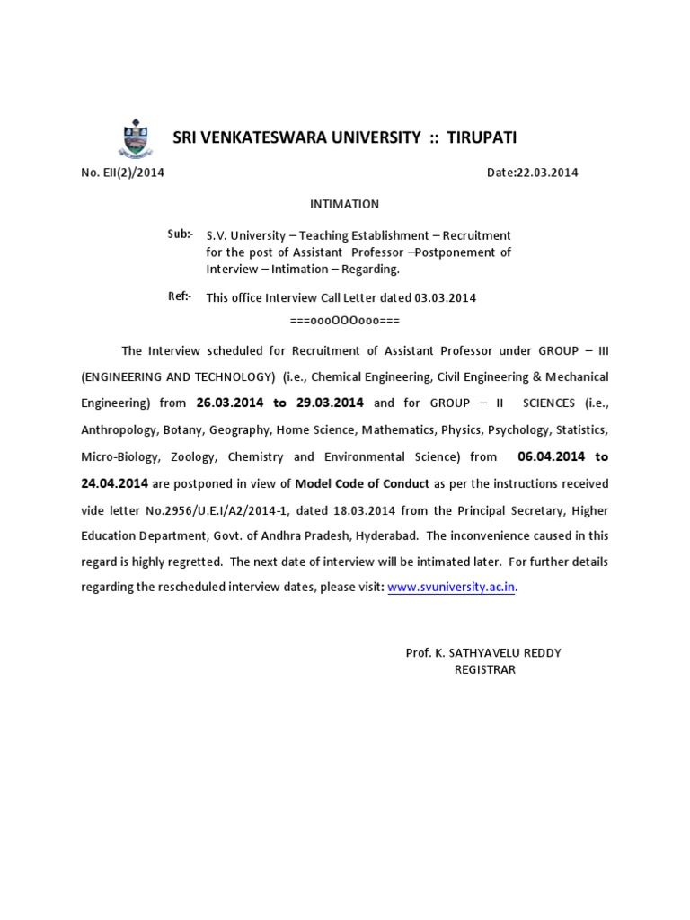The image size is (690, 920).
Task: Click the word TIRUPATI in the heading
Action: pos(477,137)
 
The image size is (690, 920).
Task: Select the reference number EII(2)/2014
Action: pos(133,173)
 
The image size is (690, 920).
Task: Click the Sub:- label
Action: pos(179,234)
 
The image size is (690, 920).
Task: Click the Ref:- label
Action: pos(179,297)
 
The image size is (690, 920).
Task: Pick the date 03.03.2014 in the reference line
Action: pos(446,298)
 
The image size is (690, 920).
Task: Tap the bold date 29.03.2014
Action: pos(330,403)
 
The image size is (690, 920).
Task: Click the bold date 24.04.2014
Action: pos(115,483)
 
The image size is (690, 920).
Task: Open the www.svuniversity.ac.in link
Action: pos(452,587)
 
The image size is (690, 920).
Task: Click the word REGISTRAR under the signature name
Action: pos(485,669)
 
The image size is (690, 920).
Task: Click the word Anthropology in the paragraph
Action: pos(115,429)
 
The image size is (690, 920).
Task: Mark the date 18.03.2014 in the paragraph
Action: pos(387,509)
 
